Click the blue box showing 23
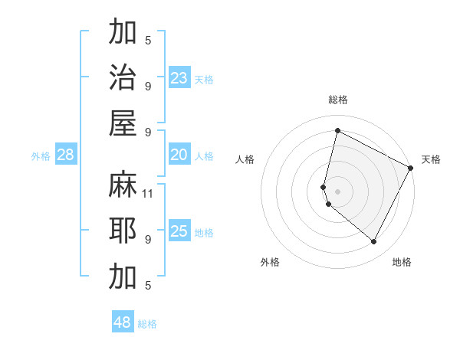[179, 77]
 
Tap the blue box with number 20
[179, 155]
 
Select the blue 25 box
[179, 231]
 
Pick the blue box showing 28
[65, 155]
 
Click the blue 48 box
[123, 322]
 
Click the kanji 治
[123, 77]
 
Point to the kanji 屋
[123, 123]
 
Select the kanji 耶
[123, 231]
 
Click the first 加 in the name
[123, 33]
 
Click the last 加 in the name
[123, 277]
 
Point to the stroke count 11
[148, 194]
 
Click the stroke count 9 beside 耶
[148, 239]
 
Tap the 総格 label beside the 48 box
[147, 324]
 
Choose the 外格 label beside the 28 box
[41, 156]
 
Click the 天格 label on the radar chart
[431, 159]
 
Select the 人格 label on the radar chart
[245, 159]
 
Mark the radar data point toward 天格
[411, 168]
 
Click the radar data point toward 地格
[373, 242]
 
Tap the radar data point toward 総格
[337, 131]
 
